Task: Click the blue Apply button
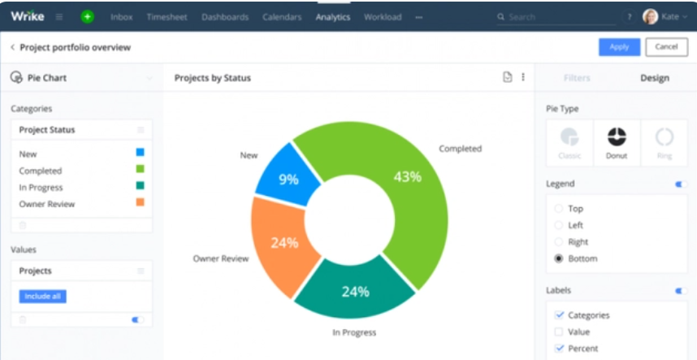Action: pos(619,47)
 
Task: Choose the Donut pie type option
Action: pos(617,143)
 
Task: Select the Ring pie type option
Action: pos(664,143)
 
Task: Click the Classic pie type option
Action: pos(569,143)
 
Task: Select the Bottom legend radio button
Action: pos(558,258)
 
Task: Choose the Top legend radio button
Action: pos(558,209)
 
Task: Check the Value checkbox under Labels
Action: pos(558,332)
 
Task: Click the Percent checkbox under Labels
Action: pos(558,349)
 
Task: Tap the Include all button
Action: pos(42,297)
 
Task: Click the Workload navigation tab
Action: pos(383,17)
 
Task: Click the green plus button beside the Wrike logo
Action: pos(87,16)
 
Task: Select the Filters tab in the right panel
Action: pos(577,78)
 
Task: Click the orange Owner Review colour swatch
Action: pos(141,202)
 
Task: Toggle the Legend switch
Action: pos(681,184)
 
